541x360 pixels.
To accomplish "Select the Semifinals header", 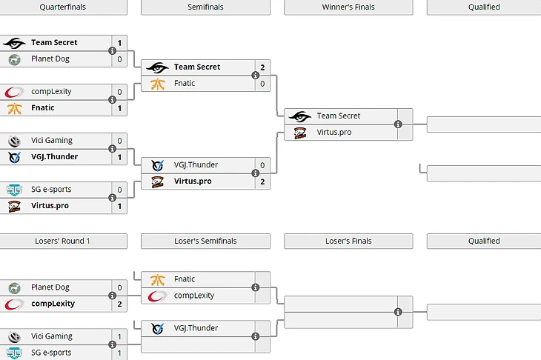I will [x=205, y=7].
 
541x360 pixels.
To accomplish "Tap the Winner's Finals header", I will [x=348, y=7].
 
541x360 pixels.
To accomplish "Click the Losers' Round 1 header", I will [x=62, y=241].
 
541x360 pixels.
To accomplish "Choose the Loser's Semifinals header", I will [x=205, y=241].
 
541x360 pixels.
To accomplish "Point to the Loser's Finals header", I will [x=348, y=241].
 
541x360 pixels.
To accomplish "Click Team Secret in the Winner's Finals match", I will [x=338, y=116].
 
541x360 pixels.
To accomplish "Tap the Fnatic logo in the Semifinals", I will [x=158, y=84].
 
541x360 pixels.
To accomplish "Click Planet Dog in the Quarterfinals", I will [x=50, y=59].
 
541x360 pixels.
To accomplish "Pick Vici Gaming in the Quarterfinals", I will [x=51, y=141].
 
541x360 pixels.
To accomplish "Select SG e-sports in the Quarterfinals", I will [x=51, y=190].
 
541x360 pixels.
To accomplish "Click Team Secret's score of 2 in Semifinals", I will [x=262, y=67].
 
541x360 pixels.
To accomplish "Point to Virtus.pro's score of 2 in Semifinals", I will [x=262, y=181].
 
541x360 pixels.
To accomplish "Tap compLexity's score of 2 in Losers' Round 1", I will [x=119, y=304].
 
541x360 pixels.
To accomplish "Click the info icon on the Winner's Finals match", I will [x=398, y=124].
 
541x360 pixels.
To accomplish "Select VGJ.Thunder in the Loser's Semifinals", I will [x=196, y=328].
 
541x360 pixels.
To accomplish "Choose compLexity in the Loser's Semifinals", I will [x=194, y=296].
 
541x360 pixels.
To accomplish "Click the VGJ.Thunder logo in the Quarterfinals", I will [x=14, y=157].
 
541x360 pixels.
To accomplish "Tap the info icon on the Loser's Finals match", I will [x=398, y=312].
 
